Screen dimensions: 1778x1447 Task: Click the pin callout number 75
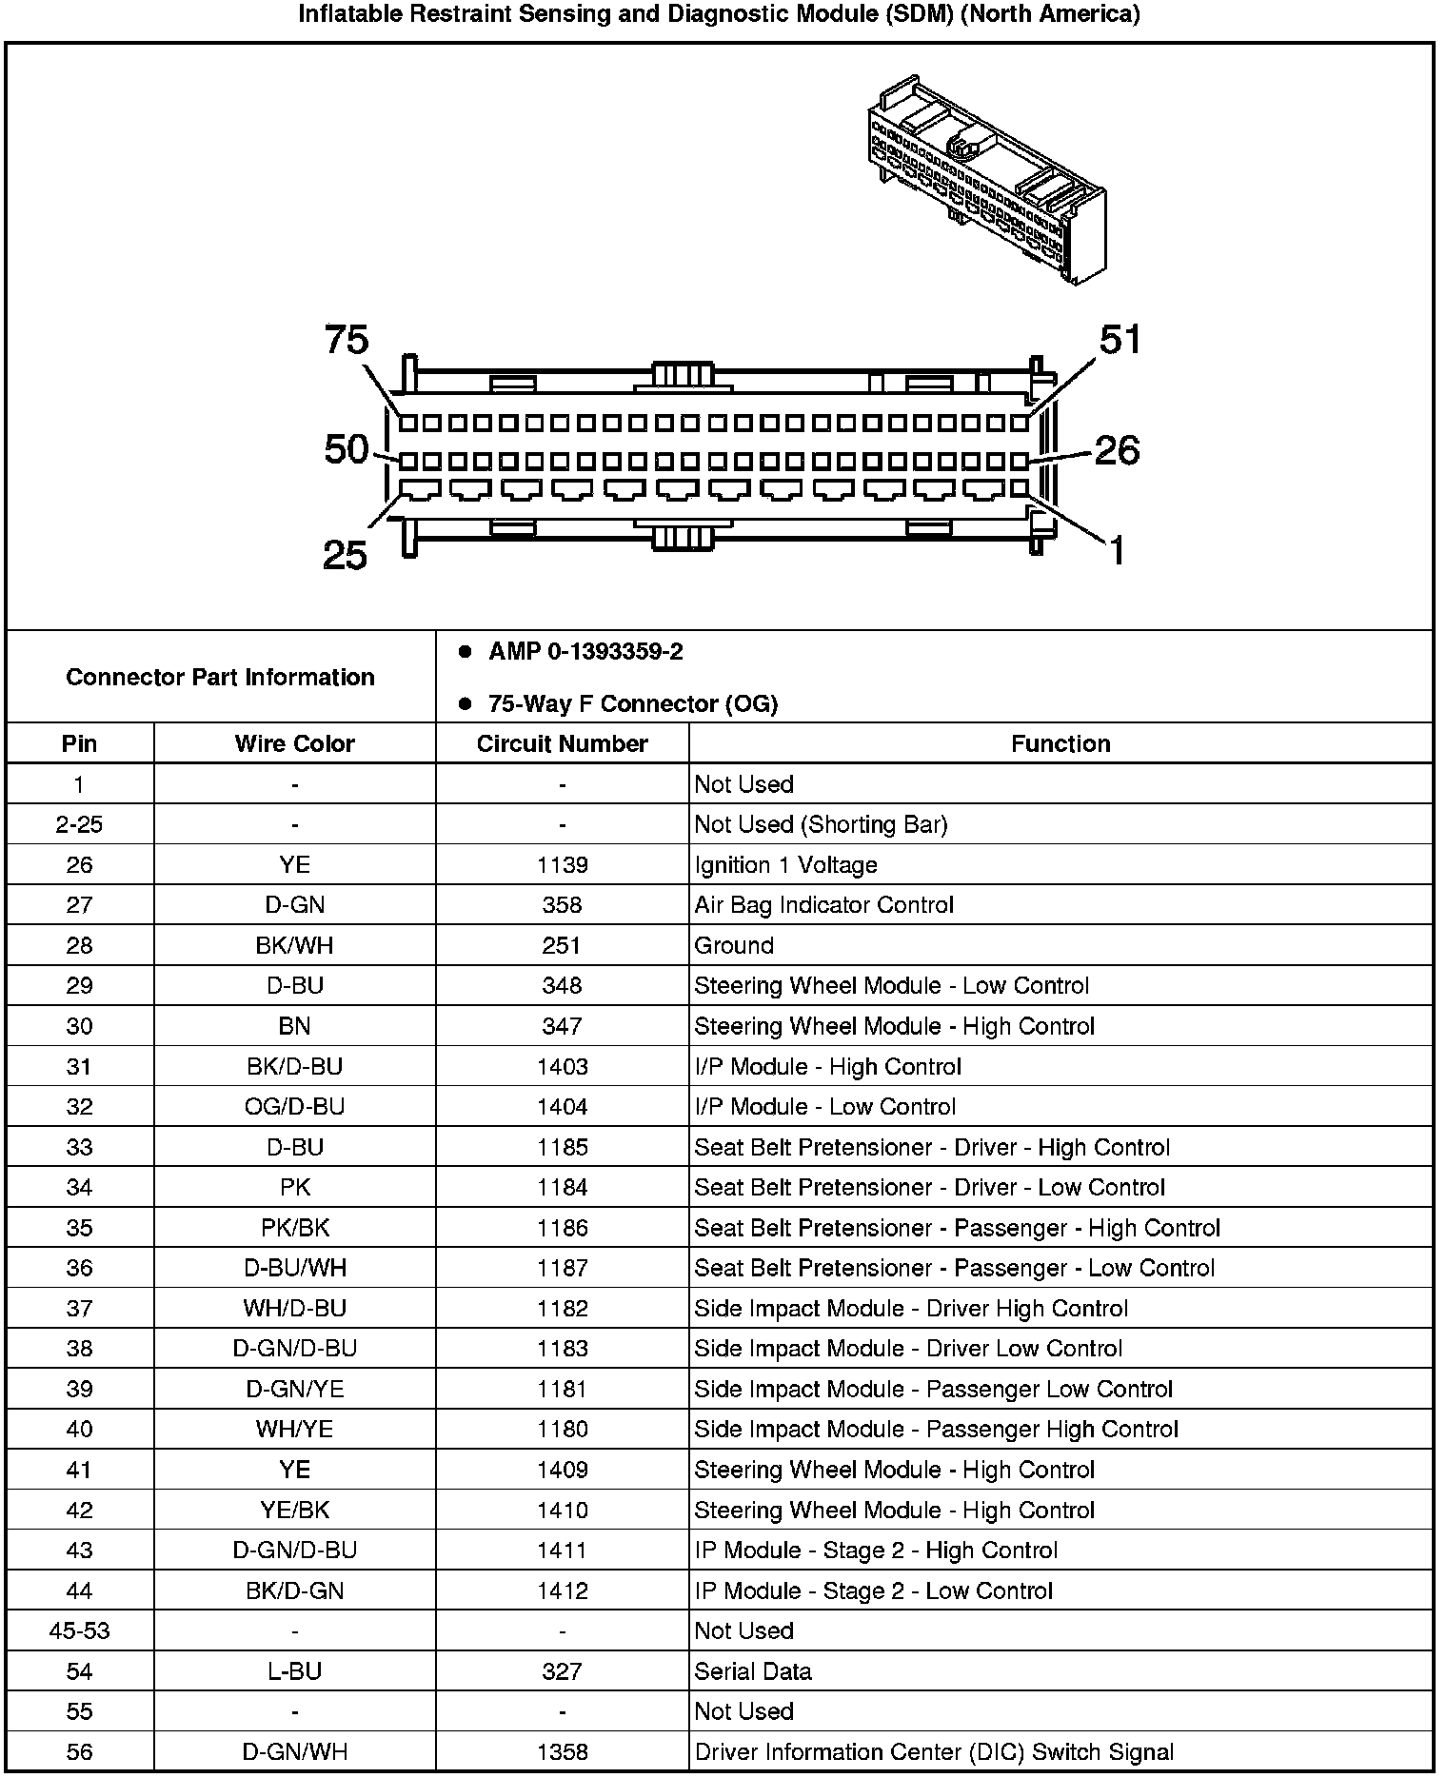[347, 340]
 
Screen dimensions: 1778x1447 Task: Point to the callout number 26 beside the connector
[1117, 450]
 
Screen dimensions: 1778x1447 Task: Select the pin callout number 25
[345, 555]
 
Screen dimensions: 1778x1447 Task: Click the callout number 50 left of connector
[346, 449]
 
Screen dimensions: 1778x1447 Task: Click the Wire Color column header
[294, 743]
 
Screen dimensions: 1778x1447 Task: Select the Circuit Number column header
[562, 743]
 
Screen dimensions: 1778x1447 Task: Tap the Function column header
[1060, 743]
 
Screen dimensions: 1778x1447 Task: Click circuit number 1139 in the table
[562, 865]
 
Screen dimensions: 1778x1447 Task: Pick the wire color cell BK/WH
[294, 945]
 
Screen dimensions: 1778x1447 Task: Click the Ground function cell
[734, 945]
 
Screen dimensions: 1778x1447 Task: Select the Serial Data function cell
[753, 1671]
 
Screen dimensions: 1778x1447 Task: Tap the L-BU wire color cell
[294, 1671]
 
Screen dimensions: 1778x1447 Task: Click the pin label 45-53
[79, 1630]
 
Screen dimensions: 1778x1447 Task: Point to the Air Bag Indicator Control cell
[823, 905]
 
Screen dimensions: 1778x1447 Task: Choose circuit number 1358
[562, 1751]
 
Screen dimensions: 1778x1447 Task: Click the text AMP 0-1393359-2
[585, 652]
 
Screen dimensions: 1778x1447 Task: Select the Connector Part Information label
[220, 677]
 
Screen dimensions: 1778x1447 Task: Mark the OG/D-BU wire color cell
[294, 1107]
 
